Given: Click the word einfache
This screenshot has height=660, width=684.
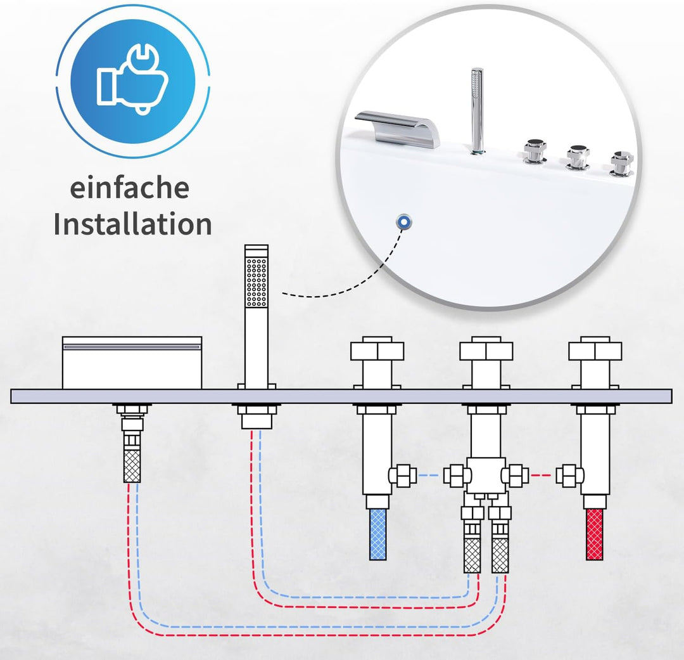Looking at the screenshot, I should [x=129, y=188].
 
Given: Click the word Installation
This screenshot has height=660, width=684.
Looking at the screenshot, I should [x=132, y=224].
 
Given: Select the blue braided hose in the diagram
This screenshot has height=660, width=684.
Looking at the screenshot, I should [x=378, y=534].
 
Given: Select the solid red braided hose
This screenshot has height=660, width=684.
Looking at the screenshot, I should [x=595, y=534].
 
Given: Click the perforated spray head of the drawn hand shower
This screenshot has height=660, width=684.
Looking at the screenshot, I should [x=256, y=282].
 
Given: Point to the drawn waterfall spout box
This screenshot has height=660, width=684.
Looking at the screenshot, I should [x=132, y=363].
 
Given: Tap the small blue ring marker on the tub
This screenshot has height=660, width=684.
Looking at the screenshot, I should [x=402, y=221].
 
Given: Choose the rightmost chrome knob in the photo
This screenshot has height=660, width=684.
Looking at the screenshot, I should [x=620, y=163].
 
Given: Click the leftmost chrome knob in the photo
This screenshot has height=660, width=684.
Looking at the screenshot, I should [x=535, y=152].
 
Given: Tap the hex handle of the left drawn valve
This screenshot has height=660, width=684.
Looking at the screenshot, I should [x=377, y=350].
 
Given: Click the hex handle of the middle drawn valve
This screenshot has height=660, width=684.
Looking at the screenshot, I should [x=486, y=350].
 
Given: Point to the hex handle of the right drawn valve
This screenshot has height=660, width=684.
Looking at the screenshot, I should [x=595, y=350].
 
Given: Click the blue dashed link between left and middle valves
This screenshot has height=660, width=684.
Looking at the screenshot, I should [x=431, y=475].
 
